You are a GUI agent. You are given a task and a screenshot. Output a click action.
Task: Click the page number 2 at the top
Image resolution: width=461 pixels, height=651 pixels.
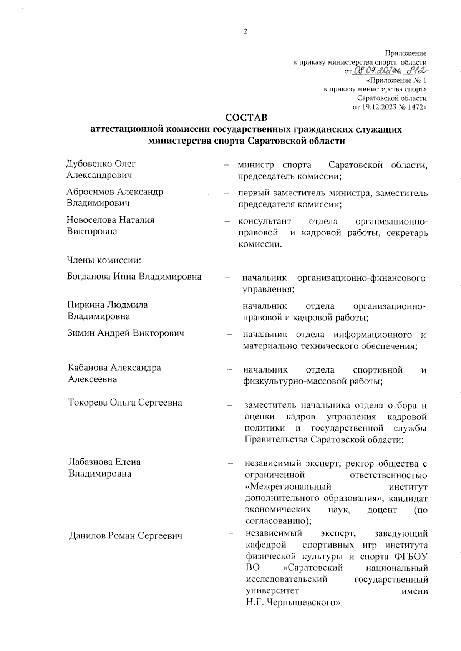pyautogui.click(x=245, y=32)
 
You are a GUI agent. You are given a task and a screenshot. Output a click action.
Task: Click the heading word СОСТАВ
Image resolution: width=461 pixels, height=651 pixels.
pyautogui.click(x=246, y=117)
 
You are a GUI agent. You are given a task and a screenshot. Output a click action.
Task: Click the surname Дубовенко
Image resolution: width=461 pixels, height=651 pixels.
pyautogui.click(x=90, y=164)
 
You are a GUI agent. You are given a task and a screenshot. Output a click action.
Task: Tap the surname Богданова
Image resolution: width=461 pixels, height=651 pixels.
pyautogui.click(x=89, y=277)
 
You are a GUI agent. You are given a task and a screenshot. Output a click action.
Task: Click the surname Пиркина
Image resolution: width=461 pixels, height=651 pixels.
pyautogui.click(x=85, y=305)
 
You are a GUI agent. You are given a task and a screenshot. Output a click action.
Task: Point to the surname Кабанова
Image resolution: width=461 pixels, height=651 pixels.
pyautogui.click(x=88, y=368)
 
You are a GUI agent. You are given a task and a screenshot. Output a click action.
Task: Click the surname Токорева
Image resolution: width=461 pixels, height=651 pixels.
pyautogui.click(x=88, y=403)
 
